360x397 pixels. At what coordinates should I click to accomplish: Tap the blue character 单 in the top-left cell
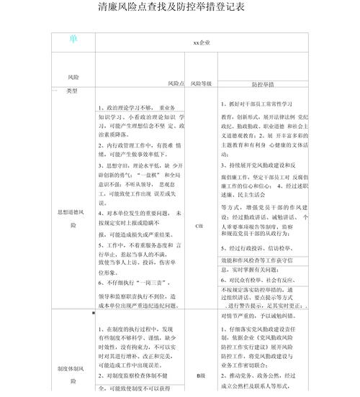74,38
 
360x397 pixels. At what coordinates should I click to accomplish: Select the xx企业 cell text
202,42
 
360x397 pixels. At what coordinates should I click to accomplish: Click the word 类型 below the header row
71,91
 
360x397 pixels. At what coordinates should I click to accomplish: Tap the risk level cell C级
200,225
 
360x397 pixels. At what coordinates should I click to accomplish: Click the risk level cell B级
201,375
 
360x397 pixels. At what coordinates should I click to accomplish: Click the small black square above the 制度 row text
94,313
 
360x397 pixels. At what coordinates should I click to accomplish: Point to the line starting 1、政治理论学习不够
136,107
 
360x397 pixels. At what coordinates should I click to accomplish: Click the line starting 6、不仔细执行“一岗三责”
136,283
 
